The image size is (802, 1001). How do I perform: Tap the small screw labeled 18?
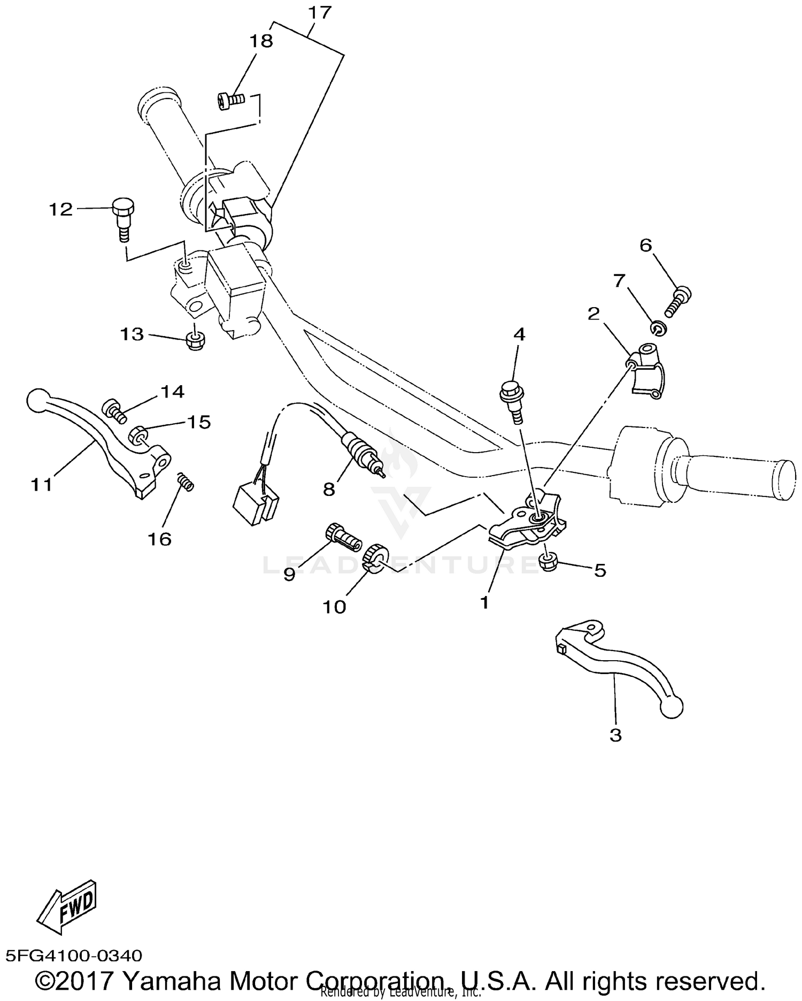(230, 100)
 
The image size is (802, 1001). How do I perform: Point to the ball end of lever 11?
(37, 400)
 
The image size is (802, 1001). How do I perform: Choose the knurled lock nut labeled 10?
(374, 554)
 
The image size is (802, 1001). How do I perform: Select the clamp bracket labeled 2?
(646, 370)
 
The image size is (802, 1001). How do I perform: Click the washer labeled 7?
(658, 327)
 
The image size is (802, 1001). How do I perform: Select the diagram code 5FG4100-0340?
(74, 954)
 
